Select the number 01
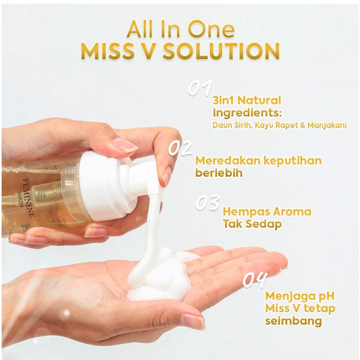click(201, 88)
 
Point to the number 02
click(180, 149)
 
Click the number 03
click(208, 203)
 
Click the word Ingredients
click(246, 113)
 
